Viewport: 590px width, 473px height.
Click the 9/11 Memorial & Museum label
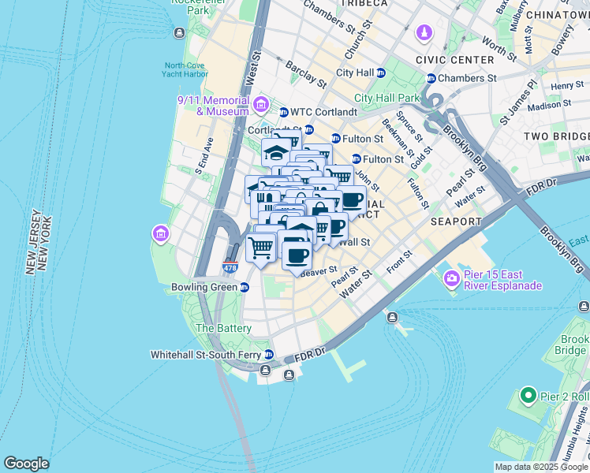(212, 106)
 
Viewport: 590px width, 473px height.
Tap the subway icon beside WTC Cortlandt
(284, 112)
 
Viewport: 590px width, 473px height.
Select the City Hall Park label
(387, 98)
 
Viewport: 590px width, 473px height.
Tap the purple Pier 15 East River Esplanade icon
(452, 277)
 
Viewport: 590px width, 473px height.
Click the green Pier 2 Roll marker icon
(527, 393)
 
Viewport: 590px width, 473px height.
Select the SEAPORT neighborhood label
(456, 222)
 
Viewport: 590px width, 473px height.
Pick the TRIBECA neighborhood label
(366, 4)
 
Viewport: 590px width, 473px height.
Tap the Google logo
(26, 464)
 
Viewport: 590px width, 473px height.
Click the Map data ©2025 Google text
(540, 467)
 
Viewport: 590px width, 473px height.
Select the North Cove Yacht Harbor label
(186, 70)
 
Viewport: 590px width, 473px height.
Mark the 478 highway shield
(230, 268)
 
